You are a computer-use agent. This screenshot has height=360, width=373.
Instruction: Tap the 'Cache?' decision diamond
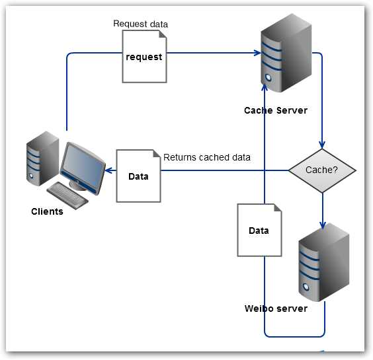[x=322, y=170]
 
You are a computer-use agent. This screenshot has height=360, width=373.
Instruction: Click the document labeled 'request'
[x=144, y=57]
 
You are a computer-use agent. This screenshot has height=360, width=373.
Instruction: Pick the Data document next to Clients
[x=138, y=176]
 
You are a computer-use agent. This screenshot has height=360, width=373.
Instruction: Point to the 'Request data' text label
[x=140, y=24]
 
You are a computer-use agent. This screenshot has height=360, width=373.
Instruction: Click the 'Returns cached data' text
[x=206, y=157]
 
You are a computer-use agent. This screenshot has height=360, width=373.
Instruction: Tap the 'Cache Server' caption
[x=275, y=110]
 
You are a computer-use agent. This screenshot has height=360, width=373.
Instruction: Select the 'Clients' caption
[x=47, y=212]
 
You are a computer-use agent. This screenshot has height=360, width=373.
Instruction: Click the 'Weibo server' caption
[x=276, y=308]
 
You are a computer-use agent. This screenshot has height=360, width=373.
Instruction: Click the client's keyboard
[x=68, y=194]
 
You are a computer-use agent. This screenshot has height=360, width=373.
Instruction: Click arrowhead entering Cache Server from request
[x=255, y=53]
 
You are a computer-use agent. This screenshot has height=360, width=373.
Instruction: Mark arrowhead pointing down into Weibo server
[x=322, y=225]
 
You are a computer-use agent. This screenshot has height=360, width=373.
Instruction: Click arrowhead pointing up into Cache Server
[x=265, y=87]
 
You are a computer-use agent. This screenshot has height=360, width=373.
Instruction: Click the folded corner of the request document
[x=161, y=36]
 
